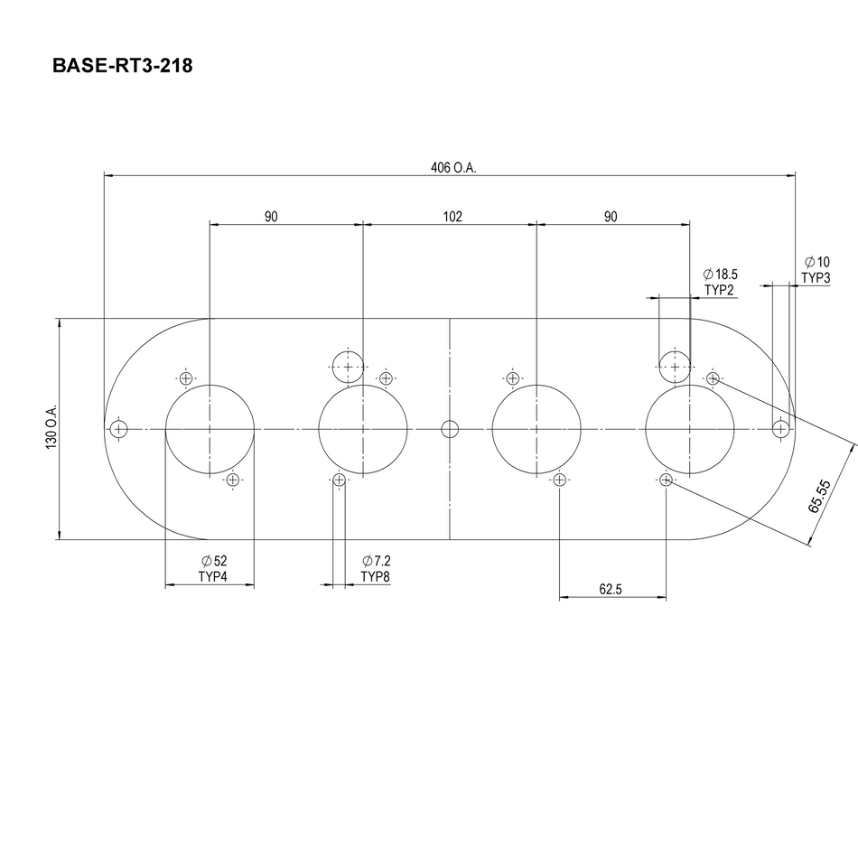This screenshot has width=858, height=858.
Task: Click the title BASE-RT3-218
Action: (x=123, y=66)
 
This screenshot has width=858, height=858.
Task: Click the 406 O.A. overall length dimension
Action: (x=453, y=168)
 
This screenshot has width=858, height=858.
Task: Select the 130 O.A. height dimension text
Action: (x=51, y=427)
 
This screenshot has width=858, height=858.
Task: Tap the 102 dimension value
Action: (x=452, y=217)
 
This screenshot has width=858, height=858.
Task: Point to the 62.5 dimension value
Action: (x=611, y=590)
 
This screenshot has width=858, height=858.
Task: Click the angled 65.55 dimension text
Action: (x=819, y=497)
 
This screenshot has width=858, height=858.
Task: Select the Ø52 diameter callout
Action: (x=214, y=561)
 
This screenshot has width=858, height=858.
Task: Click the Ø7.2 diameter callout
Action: (x=377, y=561)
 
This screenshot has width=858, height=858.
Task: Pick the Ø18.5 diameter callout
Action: (x=720, y=275)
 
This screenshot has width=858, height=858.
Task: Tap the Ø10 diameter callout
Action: (x=817, y=262)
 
